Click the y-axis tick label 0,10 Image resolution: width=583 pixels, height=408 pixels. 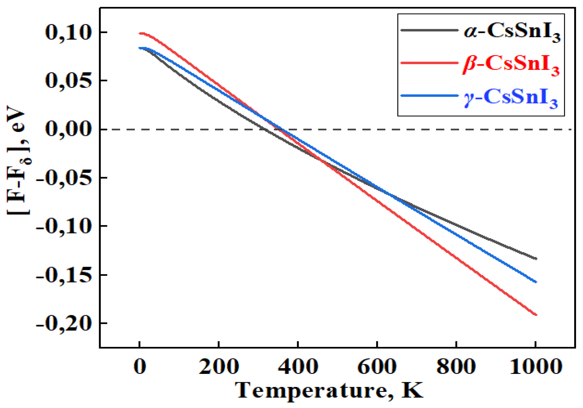(68, 33)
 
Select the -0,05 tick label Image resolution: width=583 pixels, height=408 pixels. (64, 178)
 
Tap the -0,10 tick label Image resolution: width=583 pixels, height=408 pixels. (64, 227)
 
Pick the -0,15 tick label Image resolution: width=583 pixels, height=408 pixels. (64, 276)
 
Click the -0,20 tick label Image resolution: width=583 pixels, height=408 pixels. (64, 324)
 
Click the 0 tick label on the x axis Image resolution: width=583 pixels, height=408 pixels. (140, 366)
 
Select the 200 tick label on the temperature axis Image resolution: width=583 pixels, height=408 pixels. (219, 366)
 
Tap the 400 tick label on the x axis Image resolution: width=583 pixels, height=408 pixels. (298, 366)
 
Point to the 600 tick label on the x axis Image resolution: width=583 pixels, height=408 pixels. (377, 366)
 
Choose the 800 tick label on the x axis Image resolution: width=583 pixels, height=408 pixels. (456, 366)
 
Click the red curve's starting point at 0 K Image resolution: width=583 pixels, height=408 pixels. (140, 33)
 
